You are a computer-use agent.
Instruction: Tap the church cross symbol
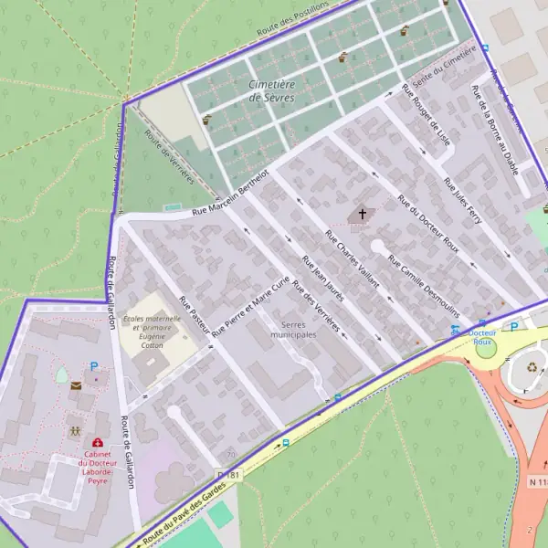(x=362, y=215)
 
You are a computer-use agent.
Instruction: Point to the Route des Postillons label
(x=292, y=19)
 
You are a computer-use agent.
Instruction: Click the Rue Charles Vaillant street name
(x=352, y=258)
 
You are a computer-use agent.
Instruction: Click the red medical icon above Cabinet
(x=98, y=443)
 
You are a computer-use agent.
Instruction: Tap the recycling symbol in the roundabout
(x=533, y=368)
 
